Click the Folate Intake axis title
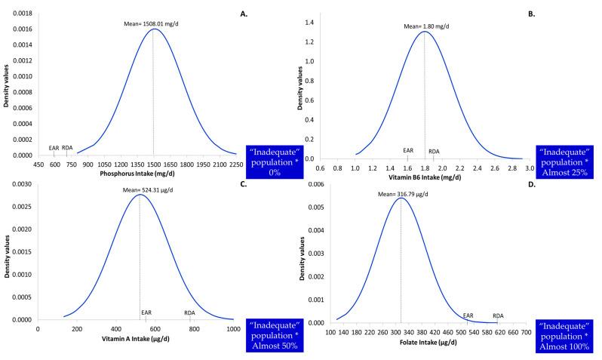pyautogui.click(x=414, y=341)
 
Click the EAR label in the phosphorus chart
pyautogui.click(x=54, y=147)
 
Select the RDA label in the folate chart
pyautogui.click(x=498, y=315)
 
